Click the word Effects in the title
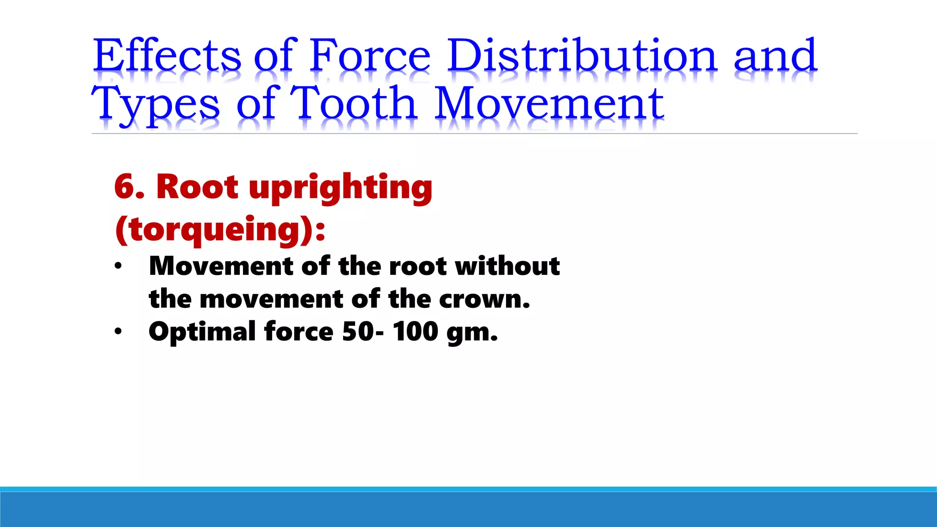(167, 55)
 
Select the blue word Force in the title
(370, 55)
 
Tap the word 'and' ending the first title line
(775, 55)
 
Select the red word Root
(197, 187)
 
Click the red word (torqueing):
(220, 229)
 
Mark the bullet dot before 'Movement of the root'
(118, 266)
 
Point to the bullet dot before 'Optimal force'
(118, 331)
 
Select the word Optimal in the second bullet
(202, 332)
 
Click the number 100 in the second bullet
(415, 331)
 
